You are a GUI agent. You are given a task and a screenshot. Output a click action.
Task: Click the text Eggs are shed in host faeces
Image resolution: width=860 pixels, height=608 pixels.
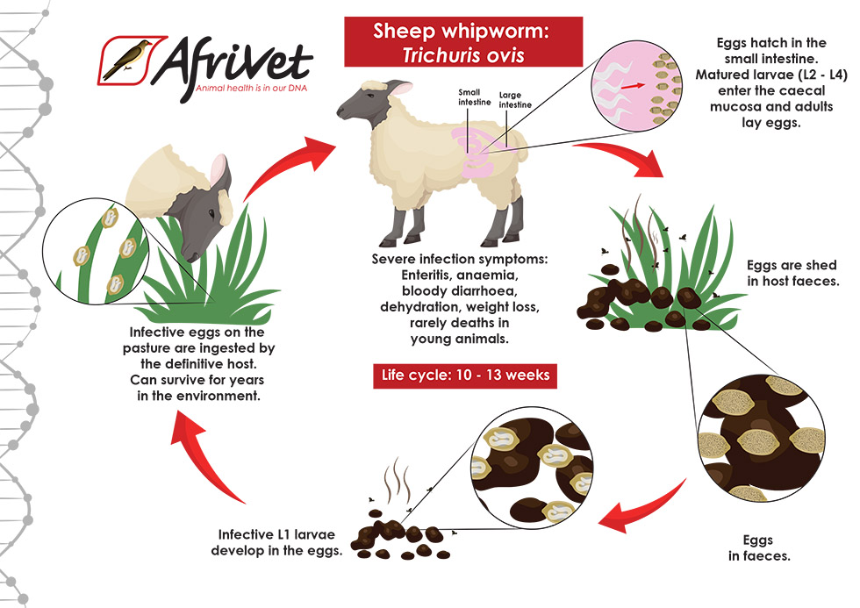[x=792, y=273]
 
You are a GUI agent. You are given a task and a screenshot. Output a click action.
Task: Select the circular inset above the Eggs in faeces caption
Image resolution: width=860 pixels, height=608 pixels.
[x=758, y=436]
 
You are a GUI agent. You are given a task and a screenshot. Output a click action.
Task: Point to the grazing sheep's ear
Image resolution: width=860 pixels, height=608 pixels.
[x=215, y=173]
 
